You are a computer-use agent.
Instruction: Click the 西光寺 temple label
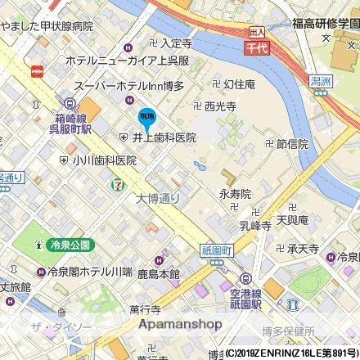pyautogui.click(x=220, y=106)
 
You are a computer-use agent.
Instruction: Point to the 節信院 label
pyautogui.click(x=291, y=143)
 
